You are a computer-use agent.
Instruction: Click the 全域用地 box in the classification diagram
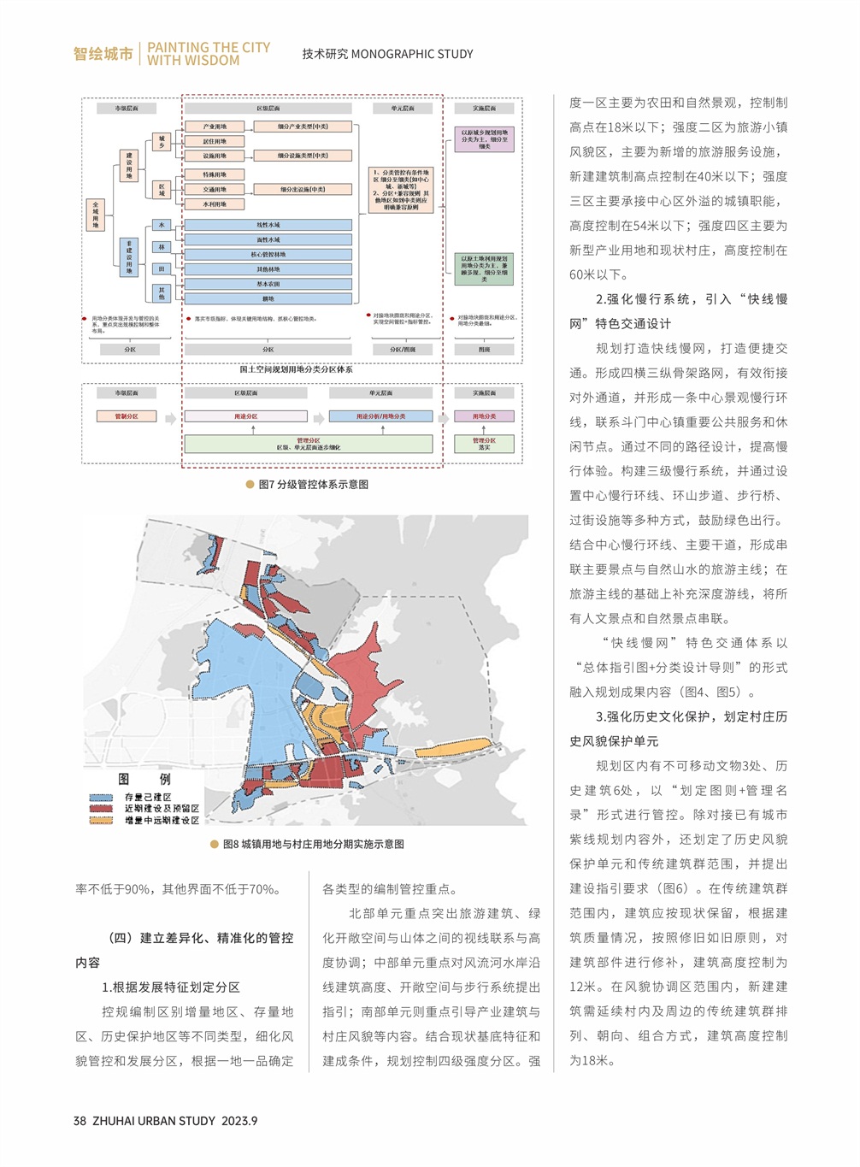coord(95,215)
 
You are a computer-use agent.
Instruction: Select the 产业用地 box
coord(215,127)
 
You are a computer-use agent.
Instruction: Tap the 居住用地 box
coord(215,141)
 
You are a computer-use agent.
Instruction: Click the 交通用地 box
coord(215,189)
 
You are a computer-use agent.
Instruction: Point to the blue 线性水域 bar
coord(268,225)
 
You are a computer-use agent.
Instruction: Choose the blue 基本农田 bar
coord(268,284)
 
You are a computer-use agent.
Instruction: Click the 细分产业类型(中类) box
coord(303,127)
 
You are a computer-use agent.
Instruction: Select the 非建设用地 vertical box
coord(129,256)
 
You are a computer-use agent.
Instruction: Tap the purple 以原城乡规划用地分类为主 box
coord(484,139)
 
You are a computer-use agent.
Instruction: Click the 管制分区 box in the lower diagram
coord(127,416)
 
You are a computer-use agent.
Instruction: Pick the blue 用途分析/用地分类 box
coord(381,416)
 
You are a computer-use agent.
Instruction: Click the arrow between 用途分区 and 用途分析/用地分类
coord(319,417)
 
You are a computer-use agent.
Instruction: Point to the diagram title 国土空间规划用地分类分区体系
coord(296,369)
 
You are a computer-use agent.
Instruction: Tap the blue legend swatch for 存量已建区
coord(102,798)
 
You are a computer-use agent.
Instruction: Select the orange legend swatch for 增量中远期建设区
coord(102,821)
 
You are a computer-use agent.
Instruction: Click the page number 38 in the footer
coord(80,1121)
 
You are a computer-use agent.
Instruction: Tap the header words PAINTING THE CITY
coord(209,48)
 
